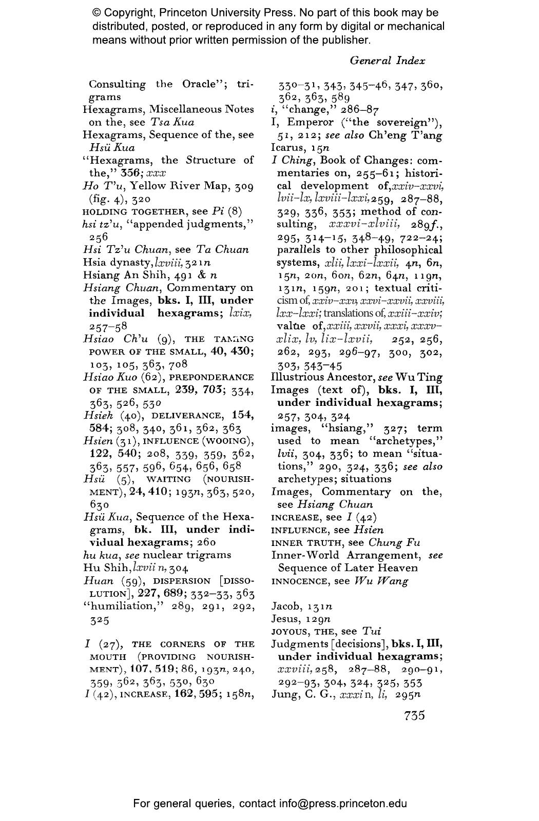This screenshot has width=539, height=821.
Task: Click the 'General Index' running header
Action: [x=387, y=61]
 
